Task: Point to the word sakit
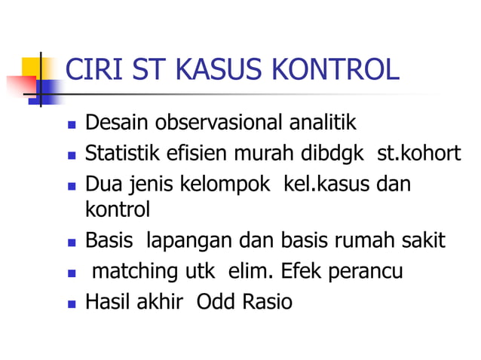(426, 241)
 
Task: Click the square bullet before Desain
(71, 124)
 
